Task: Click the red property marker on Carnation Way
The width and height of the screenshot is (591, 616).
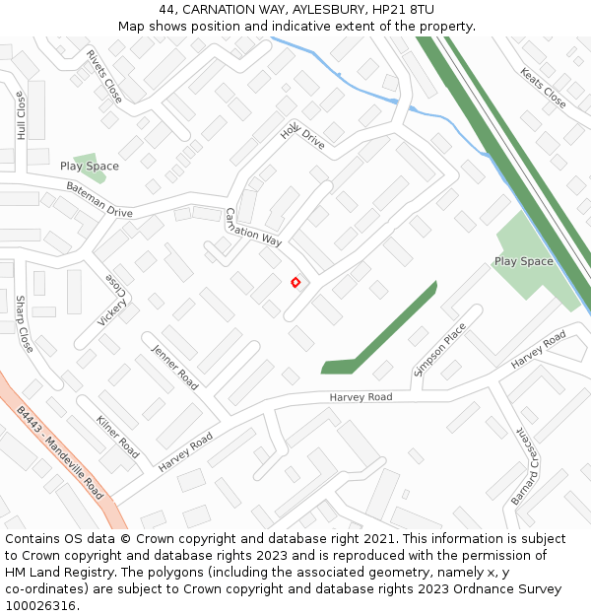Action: (295, 283)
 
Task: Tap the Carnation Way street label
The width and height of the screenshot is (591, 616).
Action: (253, 227)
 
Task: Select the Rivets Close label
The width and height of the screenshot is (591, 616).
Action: (103, 77)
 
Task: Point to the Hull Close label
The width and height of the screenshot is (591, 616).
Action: (21, 115)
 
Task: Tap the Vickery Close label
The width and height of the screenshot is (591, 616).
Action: (114, 300)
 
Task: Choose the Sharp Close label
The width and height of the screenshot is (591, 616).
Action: (24, 323)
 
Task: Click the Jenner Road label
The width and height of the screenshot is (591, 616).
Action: (175, 366)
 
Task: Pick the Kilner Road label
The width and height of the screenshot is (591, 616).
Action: (117, 436)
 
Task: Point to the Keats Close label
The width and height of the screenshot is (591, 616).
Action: (543, 88)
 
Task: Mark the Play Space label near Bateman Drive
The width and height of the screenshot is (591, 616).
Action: (89, 167)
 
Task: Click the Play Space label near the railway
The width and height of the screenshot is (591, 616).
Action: (523, 261)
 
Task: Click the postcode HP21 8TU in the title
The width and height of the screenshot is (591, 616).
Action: (402, 9)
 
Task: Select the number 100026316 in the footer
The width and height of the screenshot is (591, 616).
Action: (40, 605)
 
